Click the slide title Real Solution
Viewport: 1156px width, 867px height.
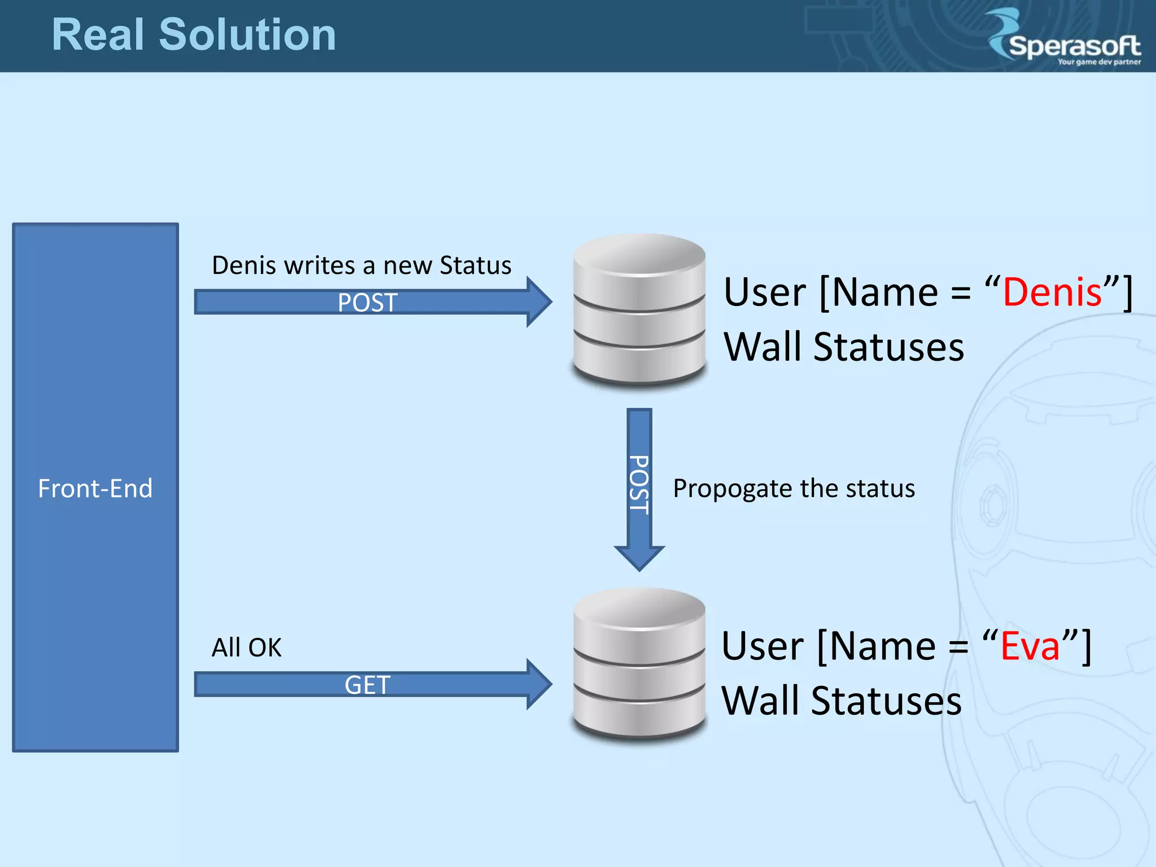coord(194,35)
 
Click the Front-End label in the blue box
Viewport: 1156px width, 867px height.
coord(95,488)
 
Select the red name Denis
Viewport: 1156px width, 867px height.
coord(1052,292)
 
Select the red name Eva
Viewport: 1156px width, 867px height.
coord(1030,646)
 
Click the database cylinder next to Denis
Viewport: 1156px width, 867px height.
coord(639,310)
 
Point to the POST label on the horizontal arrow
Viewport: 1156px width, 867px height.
coord(367,303)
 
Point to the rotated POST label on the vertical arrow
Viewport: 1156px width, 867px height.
coord(640,484)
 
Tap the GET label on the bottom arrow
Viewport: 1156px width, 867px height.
coord(367,685)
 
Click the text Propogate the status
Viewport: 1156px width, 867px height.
coord(794,488)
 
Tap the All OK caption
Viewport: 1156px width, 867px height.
coord(246,647)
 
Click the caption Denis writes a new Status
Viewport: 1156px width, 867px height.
coord(361,265)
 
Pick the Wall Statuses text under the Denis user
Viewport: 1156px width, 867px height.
coord(844,347)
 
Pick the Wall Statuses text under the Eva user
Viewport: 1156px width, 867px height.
coord(842,700)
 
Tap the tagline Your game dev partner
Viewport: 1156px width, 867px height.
coord(1098,62)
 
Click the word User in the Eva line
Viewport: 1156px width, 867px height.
coord(763,646)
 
